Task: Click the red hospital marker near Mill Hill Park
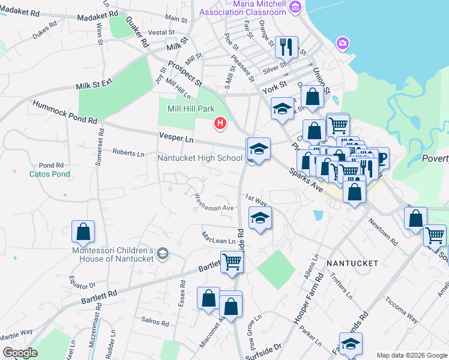coord(220,124)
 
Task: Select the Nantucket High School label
coord(200,158)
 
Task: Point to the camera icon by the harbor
coord(342,43)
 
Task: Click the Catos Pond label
coord(50,174)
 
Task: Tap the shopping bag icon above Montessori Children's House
coord(83,230)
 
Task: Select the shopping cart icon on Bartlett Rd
coord(231,261)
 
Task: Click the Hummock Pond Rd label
coord(65,112)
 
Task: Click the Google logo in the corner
coord(20,353)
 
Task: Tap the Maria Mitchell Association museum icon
coord(294,7)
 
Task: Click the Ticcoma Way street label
coord(402,310)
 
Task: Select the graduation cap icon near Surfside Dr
coord(351,344)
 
